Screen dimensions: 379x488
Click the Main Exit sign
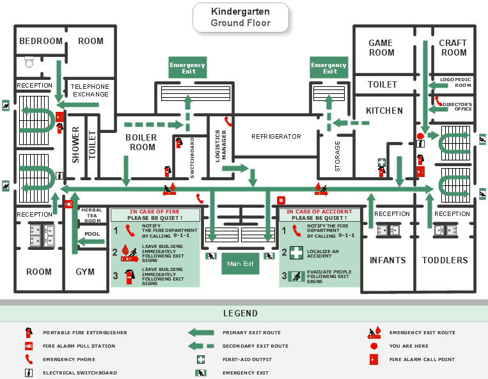(x=240, y=263)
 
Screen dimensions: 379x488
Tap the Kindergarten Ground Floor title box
(x=240, y=17)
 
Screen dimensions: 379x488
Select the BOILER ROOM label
(x=141, y=143)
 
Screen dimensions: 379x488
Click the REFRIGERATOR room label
(x=276, y=137)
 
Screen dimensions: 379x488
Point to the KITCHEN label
(x=384, y=111)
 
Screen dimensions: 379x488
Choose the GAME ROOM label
(x=381, y=48)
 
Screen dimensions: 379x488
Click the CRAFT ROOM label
(x=453, y=48)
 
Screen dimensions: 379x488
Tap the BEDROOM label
(x=41, y=41)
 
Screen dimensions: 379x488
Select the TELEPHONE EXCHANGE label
(x=90, y=90)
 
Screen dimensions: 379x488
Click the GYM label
(x=85, y=272)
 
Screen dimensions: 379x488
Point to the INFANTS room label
(x=388, y=260)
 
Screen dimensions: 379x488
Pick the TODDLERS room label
(x=445, y=260)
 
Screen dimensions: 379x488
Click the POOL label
(x=92, y=234)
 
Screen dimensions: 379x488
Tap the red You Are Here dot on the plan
(x=420, y=136)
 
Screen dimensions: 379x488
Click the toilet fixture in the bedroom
(x=29, y=62)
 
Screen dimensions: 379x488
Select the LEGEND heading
(x=240, y=313)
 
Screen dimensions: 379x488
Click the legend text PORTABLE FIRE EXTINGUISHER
(x=85, y=332)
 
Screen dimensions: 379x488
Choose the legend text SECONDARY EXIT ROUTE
(x=255, y=346)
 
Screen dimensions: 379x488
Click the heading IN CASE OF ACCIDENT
(x=319, y=212)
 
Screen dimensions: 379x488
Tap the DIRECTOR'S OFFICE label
(x=457, y=107)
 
